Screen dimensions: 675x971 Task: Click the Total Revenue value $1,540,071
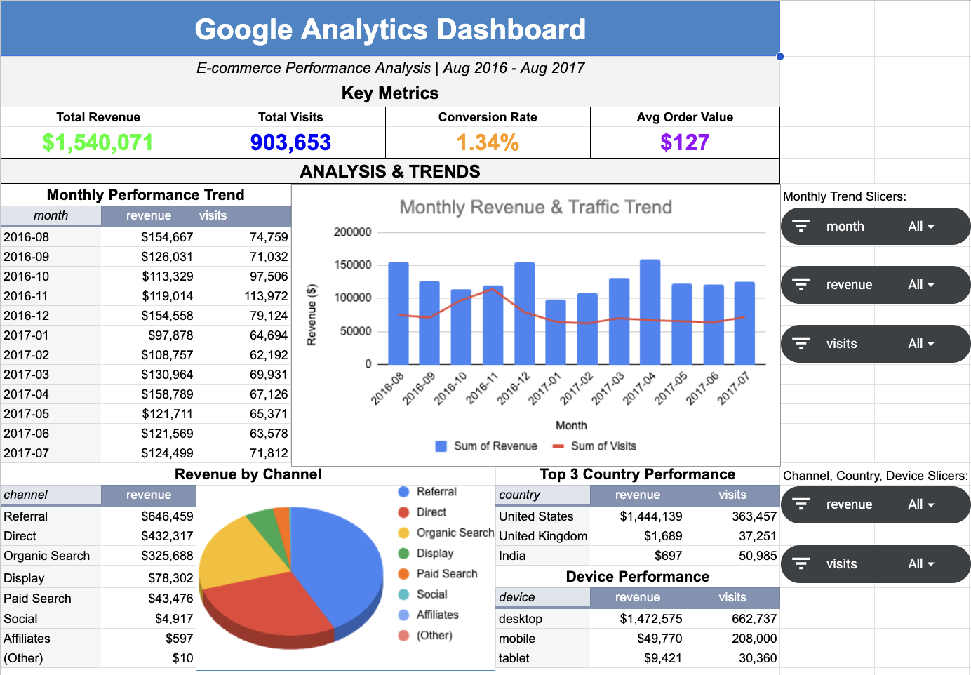98,142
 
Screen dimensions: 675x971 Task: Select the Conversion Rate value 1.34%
488,142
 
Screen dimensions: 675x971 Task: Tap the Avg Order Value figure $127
685,142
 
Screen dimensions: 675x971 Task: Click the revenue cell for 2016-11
167,296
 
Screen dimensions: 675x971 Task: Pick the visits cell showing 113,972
266,296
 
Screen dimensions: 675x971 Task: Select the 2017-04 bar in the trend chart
650,312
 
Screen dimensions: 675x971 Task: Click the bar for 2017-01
556,332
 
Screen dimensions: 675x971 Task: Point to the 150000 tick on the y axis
352,265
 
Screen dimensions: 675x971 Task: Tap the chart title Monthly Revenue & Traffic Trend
535,207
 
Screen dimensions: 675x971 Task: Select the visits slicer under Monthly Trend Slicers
875,344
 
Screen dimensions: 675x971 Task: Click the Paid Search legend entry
446,574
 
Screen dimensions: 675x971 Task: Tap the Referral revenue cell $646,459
167,516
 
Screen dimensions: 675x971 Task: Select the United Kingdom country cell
542,536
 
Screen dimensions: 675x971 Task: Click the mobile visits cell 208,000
754,639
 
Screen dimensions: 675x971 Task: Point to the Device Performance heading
637,577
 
